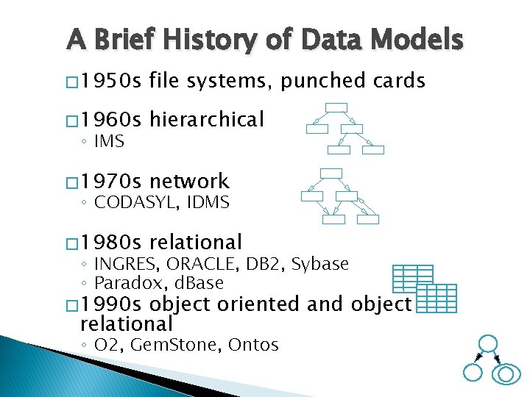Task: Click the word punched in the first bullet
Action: point(318,80)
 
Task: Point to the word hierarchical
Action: point(206,119)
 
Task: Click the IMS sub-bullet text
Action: point(109,140)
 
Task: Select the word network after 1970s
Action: point(189,181)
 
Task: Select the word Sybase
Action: point(322,263)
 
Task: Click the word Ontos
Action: point(253,344)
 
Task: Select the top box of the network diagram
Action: point(332,174)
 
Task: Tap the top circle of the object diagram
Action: point(487,343)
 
